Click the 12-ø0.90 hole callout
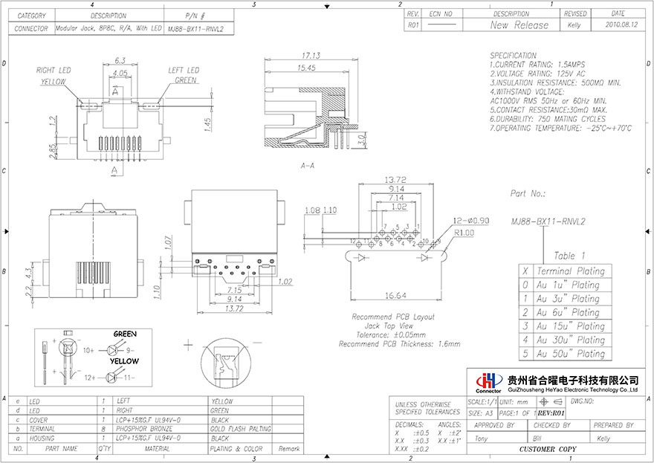coord(471,221)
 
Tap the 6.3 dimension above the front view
coord(120,62)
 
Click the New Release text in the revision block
coord(519,25)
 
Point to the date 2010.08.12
coord(618,25)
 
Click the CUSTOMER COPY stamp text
coord(547,450)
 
